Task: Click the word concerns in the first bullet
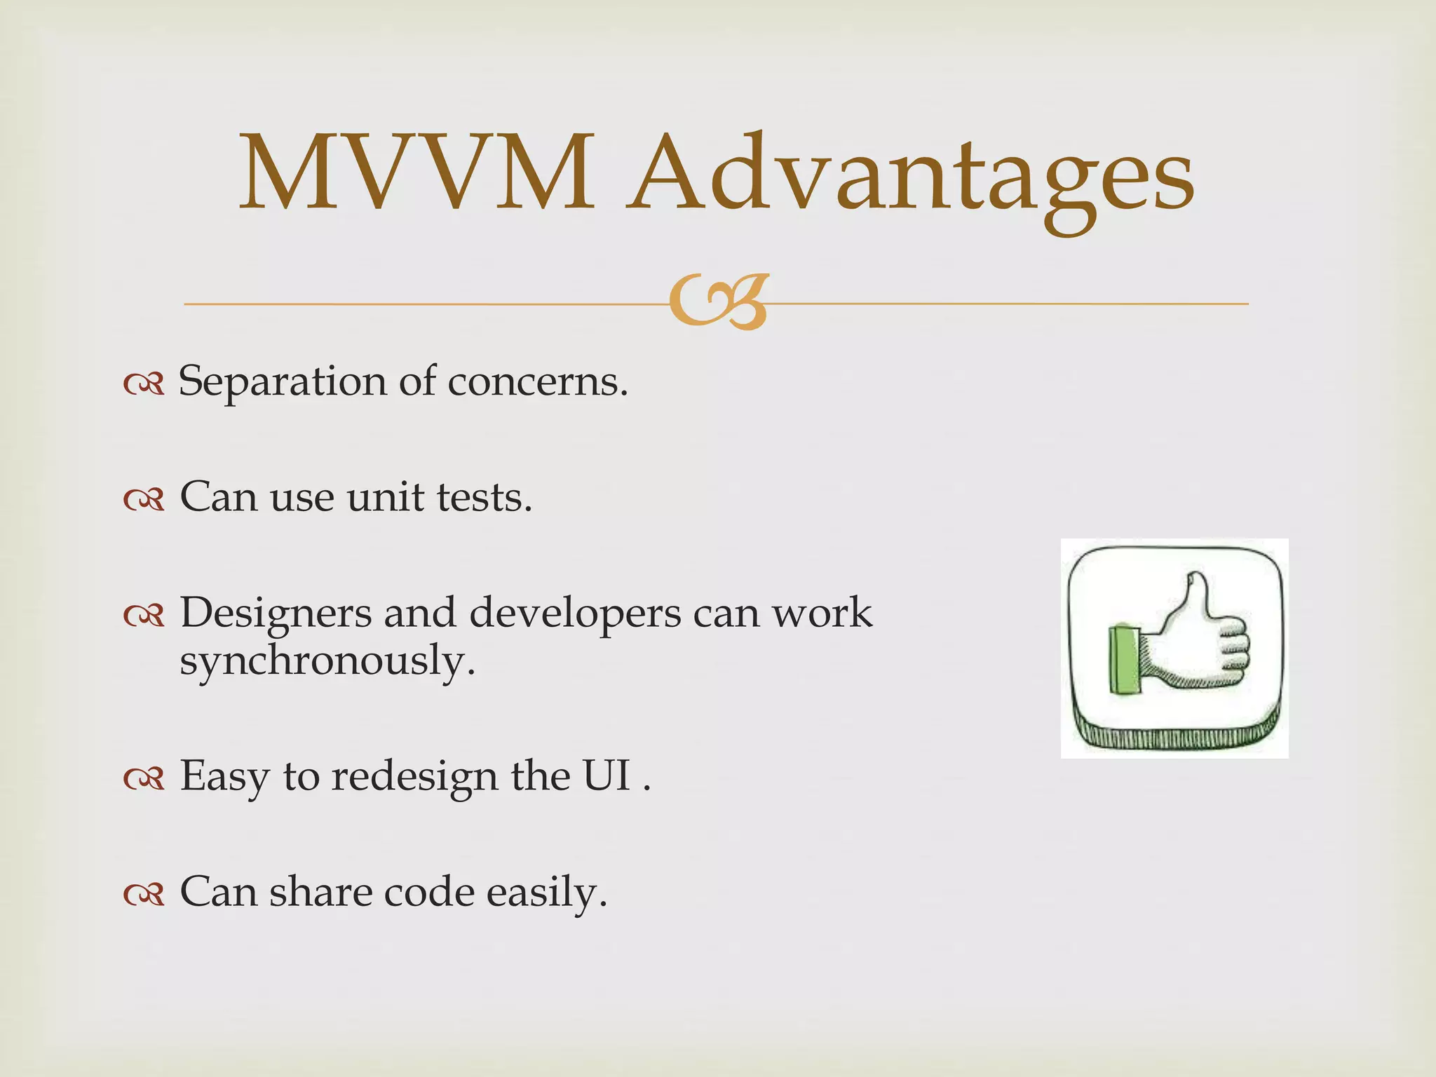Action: [x=537, y=383]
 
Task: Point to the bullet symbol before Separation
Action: [x=144, y=384]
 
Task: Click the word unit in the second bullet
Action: [x=385, y=498]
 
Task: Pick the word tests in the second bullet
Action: [x=484, y=498]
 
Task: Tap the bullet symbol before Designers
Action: [x=144, y=616]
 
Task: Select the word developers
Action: [x=575, y=614]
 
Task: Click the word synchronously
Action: [x=327, y=661]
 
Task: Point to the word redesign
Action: [x=414, y=777]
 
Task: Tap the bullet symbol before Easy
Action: [x=144, y=778]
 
